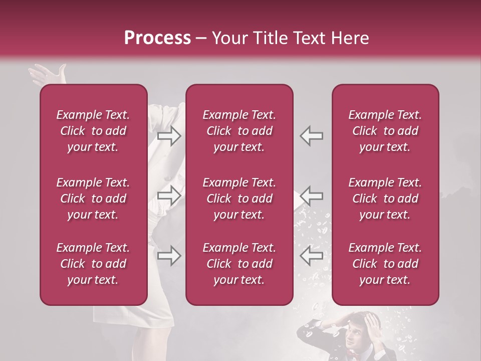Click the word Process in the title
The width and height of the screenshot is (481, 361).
point(157,38)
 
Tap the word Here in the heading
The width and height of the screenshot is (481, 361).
point(349,38)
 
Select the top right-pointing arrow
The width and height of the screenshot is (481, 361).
point(169,136)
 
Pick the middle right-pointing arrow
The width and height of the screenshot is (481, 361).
point(169,196)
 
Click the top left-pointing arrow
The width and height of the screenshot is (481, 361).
point(312,136)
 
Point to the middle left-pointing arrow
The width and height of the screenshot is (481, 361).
point(312,196)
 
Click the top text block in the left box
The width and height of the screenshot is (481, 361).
point(93,131)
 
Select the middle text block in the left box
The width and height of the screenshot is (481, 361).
point(93,199)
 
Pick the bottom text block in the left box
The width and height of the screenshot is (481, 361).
point(93,264)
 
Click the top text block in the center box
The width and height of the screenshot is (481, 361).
point(239,131)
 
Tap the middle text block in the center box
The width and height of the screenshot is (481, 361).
point(239,199)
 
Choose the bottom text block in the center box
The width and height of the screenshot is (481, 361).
point(239,264)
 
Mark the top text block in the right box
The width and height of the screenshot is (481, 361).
point(385,131)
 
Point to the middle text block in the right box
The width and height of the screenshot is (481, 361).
point(385,199)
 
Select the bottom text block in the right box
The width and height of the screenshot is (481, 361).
point(385,264)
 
